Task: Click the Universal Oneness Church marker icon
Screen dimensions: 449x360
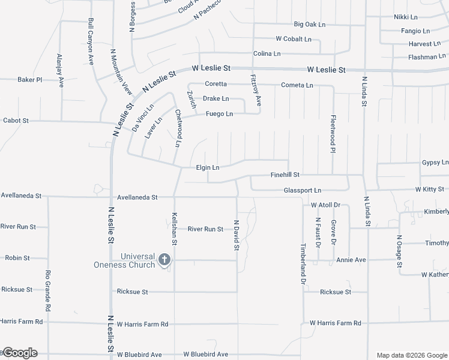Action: [x=164, y=260]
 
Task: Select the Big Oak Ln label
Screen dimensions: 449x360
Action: [x=309, y=25]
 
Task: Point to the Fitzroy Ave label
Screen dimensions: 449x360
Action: [x=256, y=90]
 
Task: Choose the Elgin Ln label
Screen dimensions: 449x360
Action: [x=208, y=167]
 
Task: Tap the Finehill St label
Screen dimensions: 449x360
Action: [x=285, y=175]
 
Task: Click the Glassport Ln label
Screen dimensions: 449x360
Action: [x=303, y=190]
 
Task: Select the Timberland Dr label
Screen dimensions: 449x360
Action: [x=304, y=263]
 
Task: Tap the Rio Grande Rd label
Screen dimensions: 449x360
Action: [x=48, y=290]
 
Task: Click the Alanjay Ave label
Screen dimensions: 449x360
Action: [x=60, y=71]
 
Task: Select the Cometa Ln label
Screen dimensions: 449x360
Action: [x=297, y=85]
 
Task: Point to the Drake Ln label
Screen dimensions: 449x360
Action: [x=215, y=98]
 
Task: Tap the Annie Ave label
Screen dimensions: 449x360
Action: [x=351, y=260]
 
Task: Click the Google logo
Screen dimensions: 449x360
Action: [x=19, y=353]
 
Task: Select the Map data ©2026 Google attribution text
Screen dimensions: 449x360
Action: [x=411, y=355]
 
